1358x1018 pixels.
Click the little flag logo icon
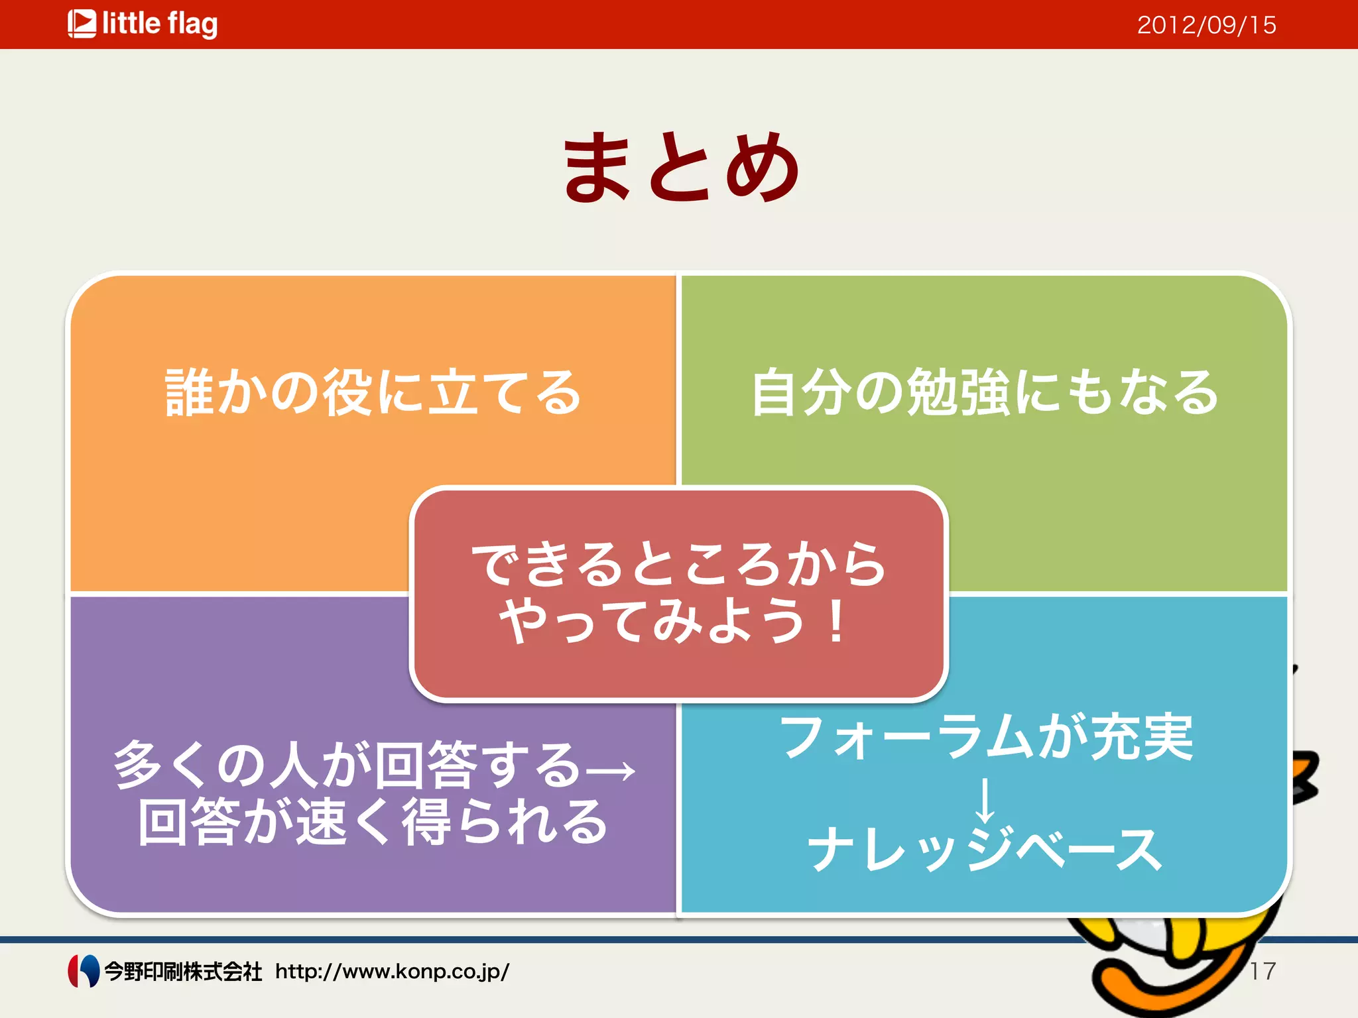pos(82,24)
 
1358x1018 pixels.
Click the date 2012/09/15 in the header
pos(1206,25)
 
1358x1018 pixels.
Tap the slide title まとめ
pos(682,166)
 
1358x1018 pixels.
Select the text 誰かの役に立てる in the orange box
pos(373,392)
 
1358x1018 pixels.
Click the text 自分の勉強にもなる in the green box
pos(984,392)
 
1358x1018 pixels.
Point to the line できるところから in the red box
pos(678,564)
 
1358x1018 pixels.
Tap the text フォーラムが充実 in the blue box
pos(986,737)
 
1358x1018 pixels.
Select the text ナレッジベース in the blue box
pos(985,850)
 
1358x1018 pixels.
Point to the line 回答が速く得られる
pos(373,822)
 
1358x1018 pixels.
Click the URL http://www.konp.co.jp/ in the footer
pos(392,972)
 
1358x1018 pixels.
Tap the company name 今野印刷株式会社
pos(183,972)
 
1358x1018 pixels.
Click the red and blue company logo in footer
pos(84,971)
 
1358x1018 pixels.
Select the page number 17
pos(1263,972)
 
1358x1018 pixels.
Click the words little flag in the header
pos(160,24)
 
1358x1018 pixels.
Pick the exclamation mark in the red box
pos(837,622)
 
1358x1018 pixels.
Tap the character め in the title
pos(763,166)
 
